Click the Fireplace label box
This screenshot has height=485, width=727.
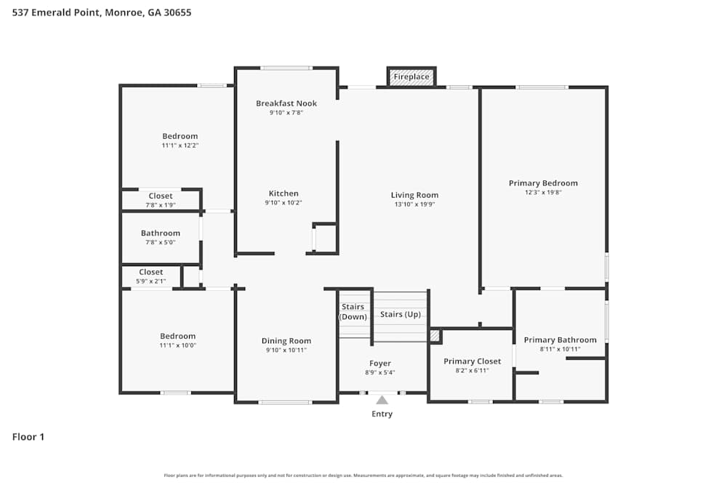pos(411,76)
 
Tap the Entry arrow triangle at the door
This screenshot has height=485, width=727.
pos(382,399)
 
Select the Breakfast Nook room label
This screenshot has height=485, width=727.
pos(286,103)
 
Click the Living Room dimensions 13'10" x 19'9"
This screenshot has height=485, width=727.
pos(414,204)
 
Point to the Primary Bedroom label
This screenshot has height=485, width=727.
pos(543,183)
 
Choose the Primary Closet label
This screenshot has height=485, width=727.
pos(472,361)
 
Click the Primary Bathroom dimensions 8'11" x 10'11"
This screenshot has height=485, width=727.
pos(560,349)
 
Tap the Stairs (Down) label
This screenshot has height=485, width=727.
pos(354,311)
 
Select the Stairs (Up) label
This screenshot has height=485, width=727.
pos(399,314)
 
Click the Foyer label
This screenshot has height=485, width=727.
pos(379,364)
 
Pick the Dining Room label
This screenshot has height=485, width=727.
pos(286,341)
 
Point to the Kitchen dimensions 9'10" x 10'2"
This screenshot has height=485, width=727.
pos(284,203)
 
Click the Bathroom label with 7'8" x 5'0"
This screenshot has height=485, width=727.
pos(160,233)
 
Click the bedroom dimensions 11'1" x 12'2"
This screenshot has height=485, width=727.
pos(180,145)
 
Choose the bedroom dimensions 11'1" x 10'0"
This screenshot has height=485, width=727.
pos(178,345)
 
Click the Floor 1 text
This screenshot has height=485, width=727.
pos(28,437)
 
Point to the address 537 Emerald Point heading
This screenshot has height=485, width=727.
pos(102,12)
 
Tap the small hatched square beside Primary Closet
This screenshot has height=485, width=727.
pos(435,336)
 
